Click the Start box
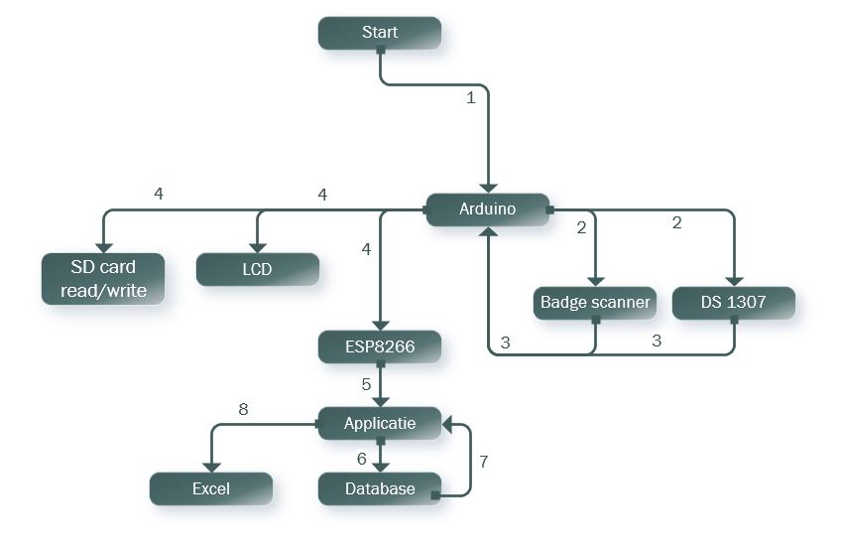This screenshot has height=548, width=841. pyautogui.click(x=380, y=33)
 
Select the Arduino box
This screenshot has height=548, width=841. pyautogui.click(x=487, y=209)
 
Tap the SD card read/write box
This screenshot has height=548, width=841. pyautogui.click(x=102, y=278)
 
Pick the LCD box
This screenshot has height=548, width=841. pyautogui.click(x=257, y=269)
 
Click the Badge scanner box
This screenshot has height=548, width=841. pyautogui.click(x=595, y=302)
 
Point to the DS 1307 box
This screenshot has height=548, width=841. pyautogui.click(x=733, y=302)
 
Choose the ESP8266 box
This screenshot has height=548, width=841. pyautogui.click(x=380, y=346)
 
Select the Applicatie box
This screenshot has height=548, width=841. pyautogui.click(x=380, y=423)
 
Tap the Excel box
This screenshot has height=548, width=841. pyautogui.click(x=210, y=488)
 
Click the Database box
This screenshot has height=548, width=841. pyautogui.click(x=380, y=488)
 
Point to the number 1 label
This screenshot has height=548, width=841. pyautogui.click(x=471, y=97)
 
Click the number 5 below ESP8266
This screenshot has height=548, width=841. pyautogui.click(x=365, y=383)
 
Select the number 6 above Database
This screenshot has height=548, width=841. pyautogui.click(x=362, y=458)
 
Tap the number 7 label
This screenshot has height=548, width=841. pyautogui.click(x=484, y=462)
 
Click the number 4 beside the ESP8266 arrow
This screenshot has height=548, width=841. pyautogui.click(x=366, y=250)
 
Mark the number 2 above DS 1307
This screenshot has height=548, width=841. pyautogui.click(x=677, y=223)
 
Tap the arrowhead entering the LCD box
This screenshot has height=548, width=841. pyautogui.click(x=257, y=247)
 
